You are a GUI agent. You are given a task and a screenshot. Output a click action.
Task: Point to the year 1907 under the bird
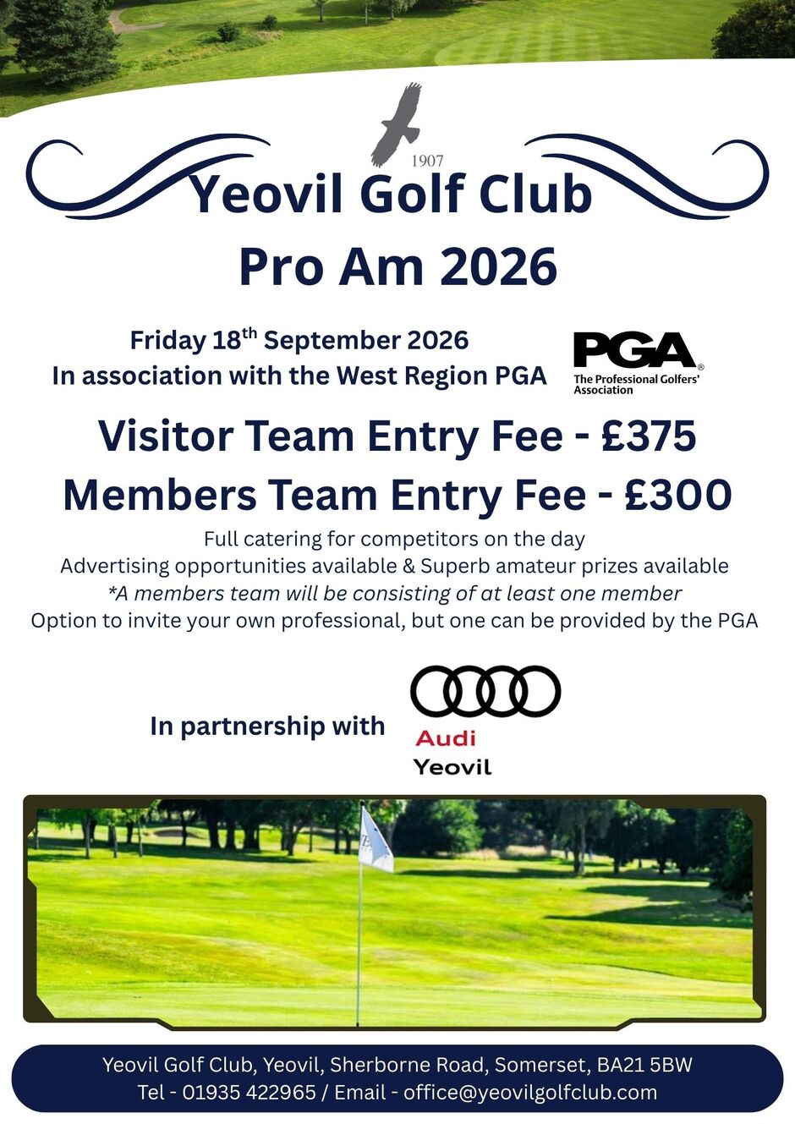coord(427,161)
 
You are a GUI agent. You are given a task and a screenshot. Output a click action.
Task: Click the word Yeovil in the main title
coord(266,194)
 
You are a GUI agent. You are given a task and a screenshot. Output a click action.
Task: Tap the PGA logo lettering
coord(633,350)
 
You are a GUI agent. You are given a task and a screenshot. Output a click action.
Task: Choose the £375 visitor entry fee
coord(649,436)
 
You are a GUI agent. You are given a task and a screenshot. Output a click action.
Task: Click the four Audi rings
coord(485,691)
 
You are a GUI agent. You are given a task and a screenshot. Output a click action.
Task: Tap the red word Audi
coord(446,738)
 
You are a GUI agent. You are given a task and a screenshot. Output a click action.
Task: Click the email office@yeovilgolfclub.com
coord(530,1092)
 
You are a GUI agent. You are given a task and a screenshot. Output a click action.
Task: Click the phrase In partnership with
coord(267,726)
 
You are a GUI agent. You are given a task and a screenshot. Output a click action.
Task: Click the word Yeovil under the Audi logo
coord(452,767)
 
